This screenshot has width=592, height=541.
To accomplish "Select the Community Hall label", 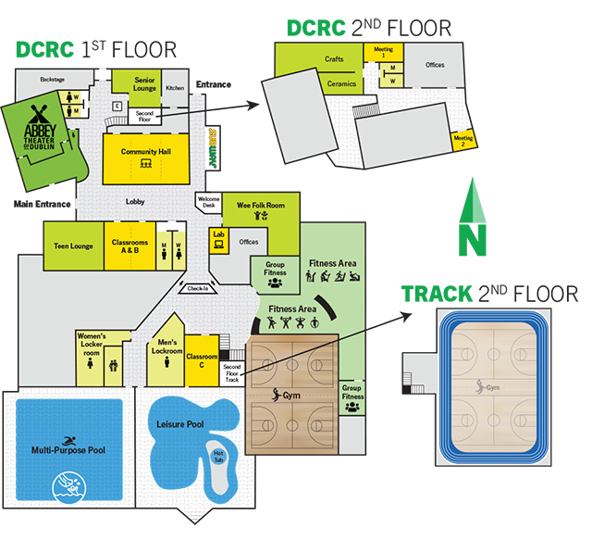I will [x=144, y=152].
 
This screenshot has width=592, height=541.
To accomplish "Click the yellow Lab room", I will [x=219, y=235].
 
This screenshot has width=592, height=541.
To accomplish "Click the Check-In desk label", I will [x=197, y=288].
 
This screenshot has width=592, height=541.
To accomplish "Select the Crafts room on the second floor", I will [x=334, y=59].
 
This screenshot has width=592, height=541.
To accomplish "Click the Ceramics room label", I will [x=341, y=83].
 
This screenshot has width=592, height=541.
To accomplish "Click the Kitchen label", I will [x=175, y=88].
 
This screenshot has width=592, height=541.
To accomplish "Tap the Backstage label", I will [x=53, y=80].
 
